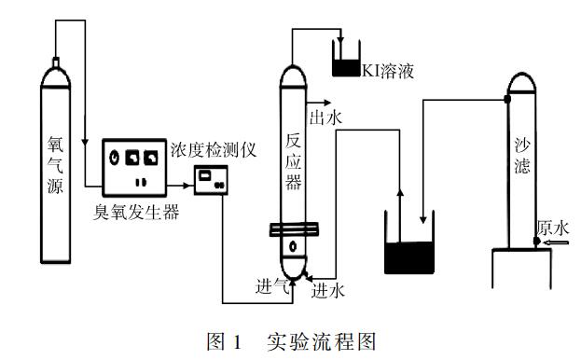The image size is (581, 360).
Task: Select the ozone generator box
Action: tap(134, 164)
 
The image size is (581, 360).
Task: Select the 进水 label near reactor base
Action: tap(328, 290)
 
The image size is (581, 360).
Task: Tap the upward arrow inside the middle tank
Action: tap(402, 210)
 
